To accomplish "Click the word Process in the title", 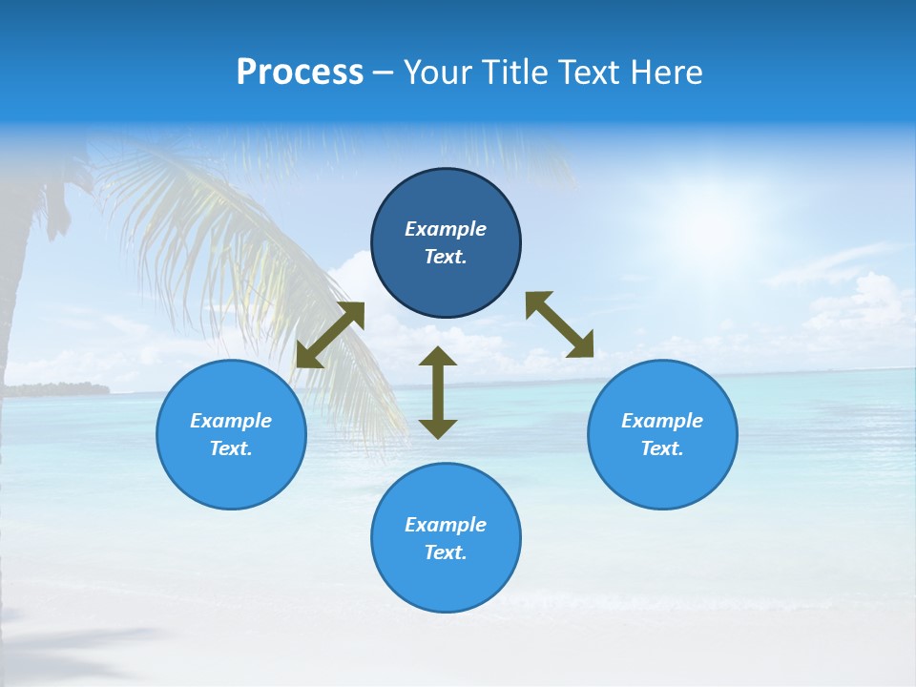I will (x=300, y=73).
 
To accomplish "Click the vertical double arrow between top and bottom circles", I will (x=438, y=392).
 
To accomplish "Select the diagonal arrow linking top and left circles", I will (x=330, y=335).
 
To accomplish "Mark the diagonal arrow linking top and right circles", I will (x=559, y=324).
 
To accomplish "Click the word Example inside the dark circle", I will (x=446, y=229).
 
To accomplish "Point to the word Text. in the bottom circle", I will (x=446, y=552).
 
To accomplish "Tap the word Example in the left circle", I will (x=231, y=421).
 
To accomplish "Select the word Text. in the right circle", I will (x=662, y=448).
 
